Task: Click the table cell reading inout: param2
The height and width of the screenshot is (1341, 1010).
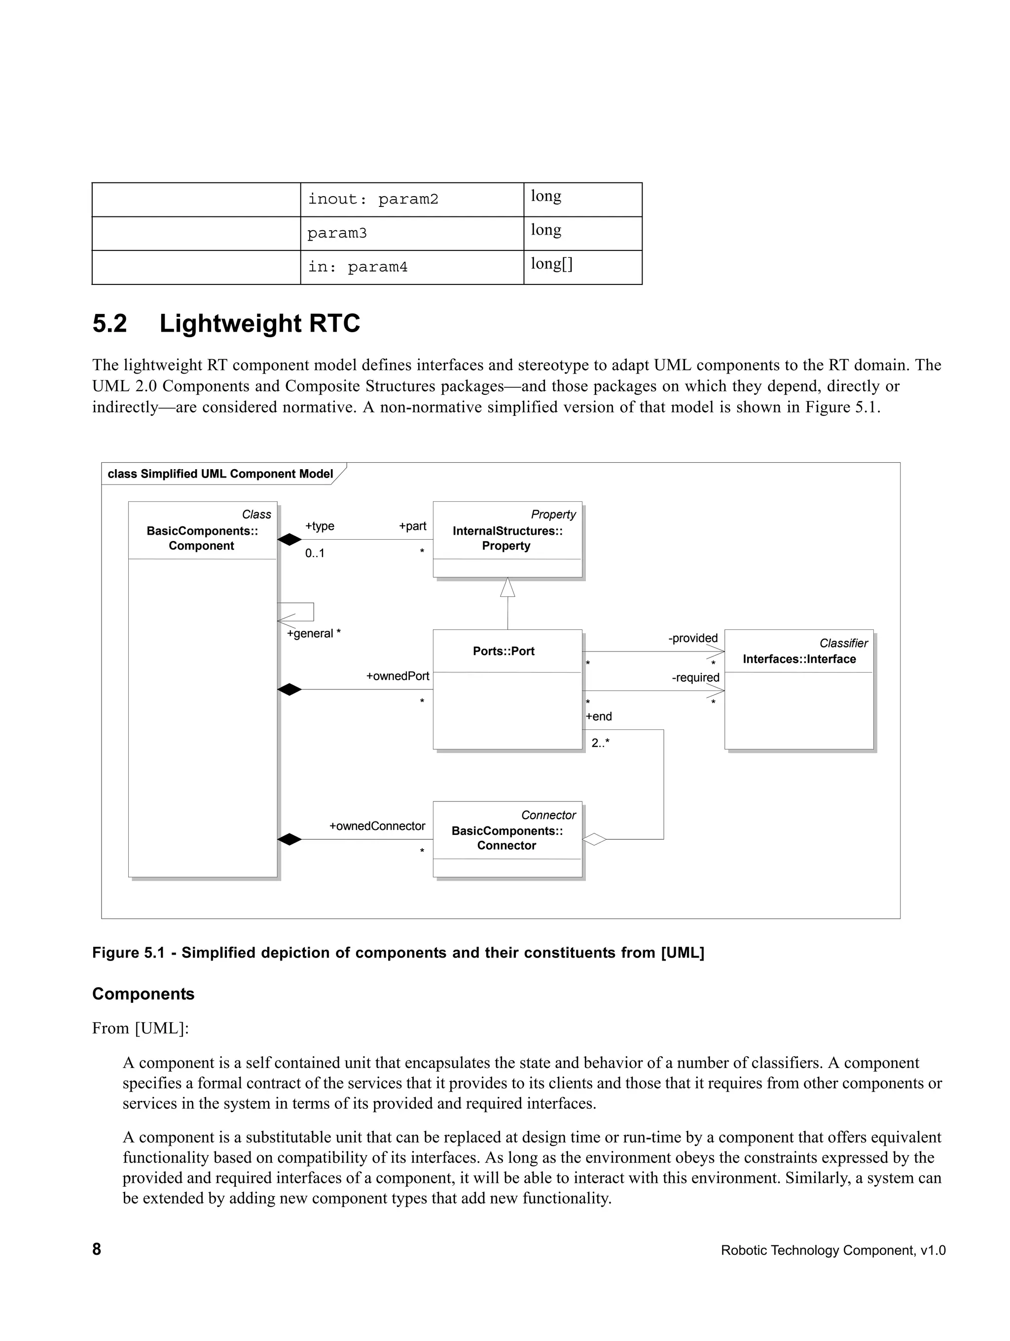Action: (372, 200)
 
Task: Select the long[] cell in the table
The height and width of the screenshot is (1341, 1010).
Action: (551, 264)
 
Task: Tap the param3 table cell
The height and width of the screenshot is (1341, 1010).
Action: (337, 234)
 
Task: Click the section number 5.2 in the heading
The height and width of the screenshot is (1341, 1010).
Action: (110, 323)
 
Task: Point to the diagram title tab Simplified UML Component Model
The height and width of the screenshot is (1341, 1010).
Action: (220, 474)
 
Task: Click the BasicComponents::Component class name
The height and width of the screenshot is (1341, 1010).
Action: (202, 538)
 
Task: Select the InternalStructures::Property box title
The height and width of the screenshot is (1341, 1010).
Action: (507, 538)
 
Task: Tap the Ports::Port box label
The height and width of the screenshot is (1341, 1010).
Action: (504, 651)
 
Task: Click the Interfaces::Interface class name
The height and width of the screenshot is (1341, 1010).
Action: (799, 659)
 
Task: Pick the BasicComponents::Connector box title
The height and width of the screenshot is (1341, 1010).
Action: (506, 838)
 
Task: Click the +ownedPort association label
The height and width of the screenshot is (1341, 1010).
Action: (397, 676)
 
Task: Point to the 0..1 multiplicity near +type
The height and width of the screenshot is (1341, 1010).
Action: (314, 553)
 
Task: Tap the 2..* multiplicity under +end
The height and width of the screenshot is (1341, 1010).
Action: (600, 743)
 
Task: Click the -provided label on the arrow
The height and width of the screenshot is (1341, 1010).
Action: (693, 638)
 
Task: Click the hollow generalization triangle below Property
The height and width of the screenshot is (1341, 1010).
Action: (508, 587)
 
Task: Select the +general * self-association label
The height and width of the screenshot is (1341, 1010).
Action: (313, 633)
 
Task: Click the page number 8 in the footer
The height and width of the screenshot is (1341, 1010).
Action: (97, 1249)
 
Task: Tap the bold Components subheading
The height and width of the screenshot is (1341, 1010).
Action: (143, 994)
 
